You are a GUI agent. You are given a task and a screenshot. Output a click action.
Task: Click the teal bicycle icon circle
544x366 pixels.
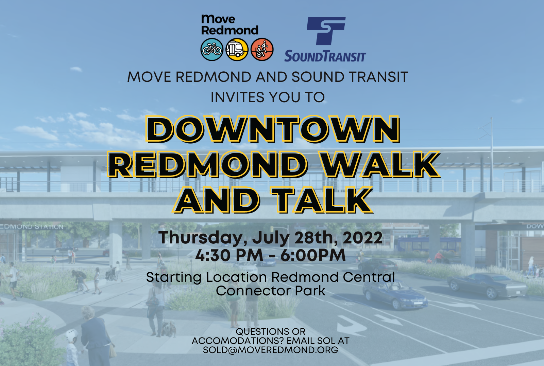pyautogui.click(x=212, y=50)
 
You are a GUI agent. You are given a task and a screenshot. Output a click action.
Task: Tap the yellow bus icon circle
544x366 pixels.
pyautogui.click(x=237, y=50)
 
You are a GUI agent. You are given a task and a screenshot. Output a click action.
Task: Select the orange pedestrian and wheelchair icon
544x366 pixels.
pyautogui.click(x=262, y=50)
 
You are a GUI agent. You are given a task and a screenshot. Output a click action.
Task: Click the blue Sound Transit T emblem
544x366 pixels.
pyautogui.click(x=326, y=31)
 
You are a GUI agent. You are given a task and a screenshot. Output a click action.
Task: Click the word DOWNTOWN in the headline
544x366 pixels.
pyautogui.click(x=272, y=129)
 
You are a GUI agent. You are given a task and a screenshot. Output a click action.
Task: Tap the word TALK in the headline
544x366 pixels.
pyautogui.click(x=321, y=200)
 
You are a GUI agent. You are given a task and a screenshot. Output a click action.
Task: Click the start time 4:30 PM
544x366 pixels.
pyautogui.click(x=229, y=255)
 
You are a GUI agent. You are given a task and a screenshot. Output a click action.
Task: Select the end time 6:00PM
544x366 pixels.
pyautogui.click(x=313, y=255)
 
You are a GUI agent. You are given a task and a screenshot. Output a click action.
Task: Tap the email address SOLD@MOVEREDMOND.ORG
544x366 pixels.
pyautogui.click(x=271, y=350)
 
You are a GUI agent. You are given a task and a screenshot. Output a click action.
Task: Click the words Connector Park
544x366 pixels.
pyautogui.click(x=271, y=291)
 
